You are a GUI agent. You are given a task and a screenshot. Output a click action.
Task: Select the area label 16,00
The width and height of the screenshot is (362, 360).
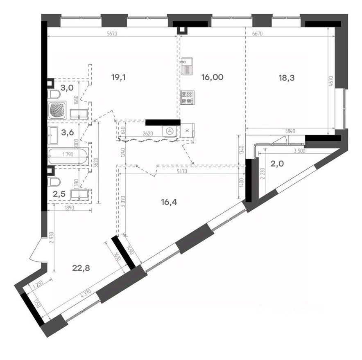pyautogui.click(x=212, y=77)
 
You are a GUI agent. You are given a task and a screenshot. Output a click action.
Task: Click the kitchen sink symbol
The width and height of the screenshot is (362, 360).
pyautogui.click(x=188, y=66)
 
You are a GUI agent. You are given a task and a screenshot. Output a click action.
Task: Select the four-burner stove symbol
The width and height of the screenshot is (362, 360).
pyautogui.click(x=187, y=97)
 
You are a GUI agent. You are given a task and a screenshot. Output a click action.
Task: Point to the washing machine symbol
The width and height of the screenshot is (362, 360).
pyautogui.click(x=169, y=131)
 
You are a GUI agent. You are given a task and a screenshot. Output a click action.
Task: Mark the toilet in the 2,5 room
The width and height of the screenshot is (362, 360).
pyautogui.click(x=54, y=182)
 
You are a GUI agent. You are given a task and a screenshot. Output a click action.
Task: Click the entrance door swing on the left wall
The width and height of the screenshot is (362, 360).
pyautogui.click(x=37, y=250)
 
